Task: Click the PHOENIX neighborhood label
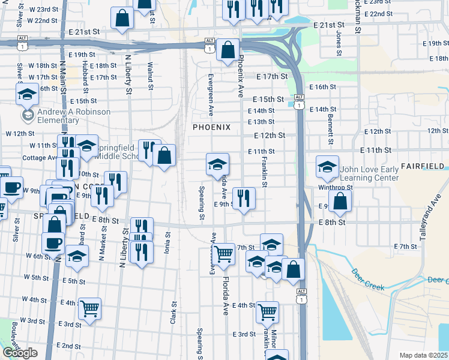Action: coord(211,127)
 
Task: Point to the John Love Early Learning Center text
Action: coord(369,174)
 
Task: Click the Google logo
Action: coord(20,353)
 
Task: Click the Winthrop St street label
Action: coord(352,187)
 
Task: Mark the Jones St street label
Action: coord(339,44)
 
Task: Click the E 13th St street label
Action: coord(262,122)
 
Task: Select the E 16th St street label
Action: coord(322,87)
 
